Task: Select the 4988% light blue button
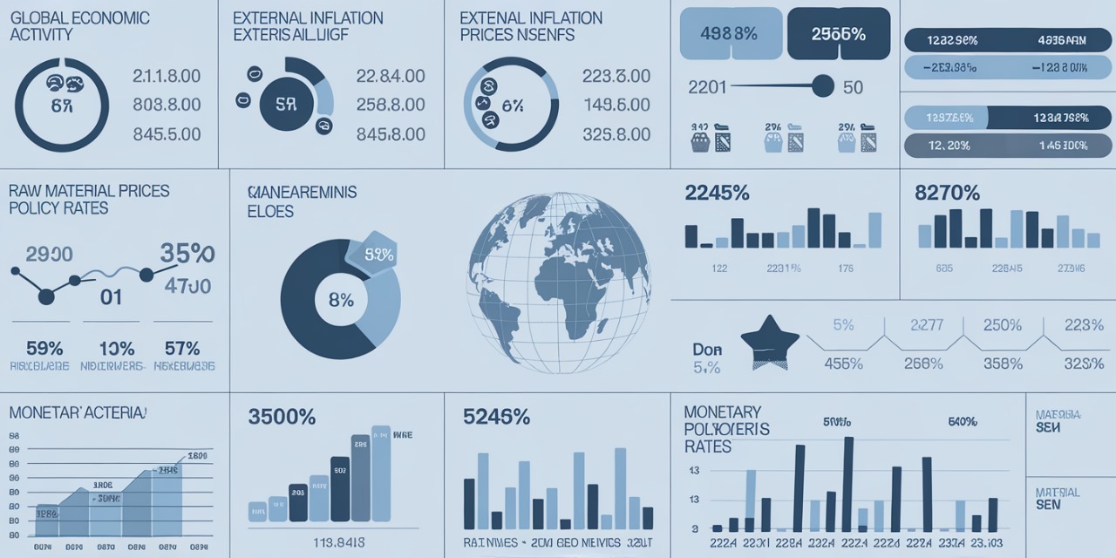click(x=728, y=34)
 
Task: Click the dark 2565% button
click(x=838, y=34)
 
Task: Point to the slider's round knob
click(x=821, y=85)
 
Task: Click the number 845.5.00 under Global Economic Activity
click(x=167, y=134)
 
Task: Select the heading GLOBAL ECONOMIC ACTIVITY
click(x=79, y=26)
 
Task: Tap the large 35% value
click(x=187, y=254)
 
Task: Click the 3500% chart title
click(x=282, y=417)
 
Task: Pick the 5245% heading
click(x=496, y=417)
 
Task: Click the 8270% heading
click(x=947, y=193)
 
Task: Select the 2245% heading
click(x=717, y=193)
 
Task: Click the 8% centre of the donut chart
click(x=341, y=301)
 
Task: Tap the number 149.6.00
click(x=616, y=105)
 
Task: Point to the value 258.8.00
click(x=391, y=105)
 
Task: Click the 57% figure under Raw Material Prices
click(x=181, y=348)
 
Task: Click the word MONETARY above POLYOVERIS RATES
click(x=722, y=412)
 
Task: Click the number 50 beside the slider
click(x=853, y=87)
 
